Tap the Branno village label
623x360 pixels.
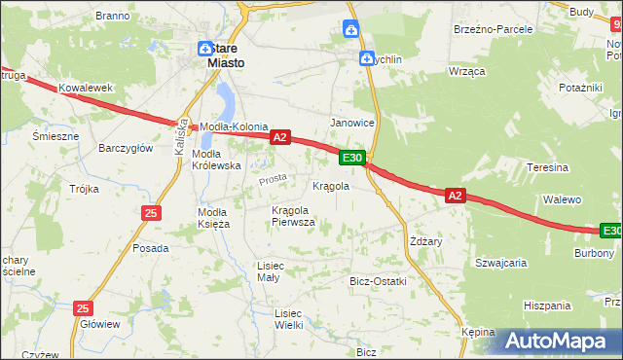[x=113, y=16]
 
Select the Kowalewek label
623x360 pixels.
[x=86, y=88]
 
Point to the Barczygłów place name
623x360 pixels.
[x=126, y=148]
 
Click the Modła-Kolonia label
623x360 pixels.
[x=234, y=126]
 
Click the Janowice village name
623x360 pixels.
[x=352, y=123]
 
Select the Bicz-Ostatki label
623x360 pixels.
[x=378, y=280]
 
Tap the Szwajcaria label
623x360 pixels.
[x=500, y=262]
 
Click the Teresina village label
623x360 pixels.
[x=547, y=167]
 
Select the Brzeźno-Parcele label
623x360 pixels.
[x=493, y=29]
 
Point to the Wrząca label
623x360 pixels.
[x=466, y=72]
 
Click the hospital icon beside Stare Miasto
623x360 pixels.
[x=205, y=49]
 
